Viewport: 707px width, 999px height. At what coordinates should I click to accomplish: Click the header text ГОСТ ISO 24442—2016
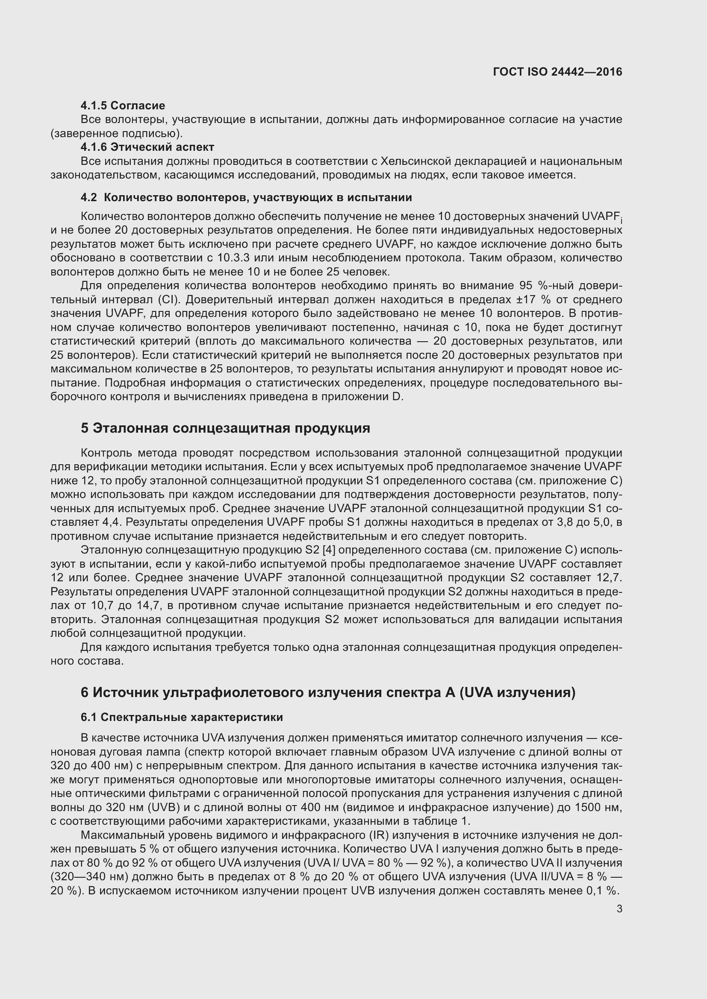(x=557, y=72)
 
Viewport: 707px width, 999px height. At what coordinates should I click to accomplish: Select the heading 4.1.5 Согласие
(x=123, y=105)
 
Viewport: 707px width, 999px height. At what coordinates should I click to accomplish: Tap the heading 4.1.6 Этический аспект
(x=147, y=147)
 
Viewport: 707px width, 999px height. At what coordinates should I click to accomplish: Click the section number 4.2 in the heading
(x=89, y=198)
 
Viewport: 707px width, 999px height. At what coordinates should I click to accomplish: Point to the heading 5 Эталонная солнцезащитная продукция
(x=225, y=428)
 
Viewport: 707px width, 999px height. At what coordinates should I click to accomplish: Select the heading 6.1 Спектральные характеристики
(x=182, y=717)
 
